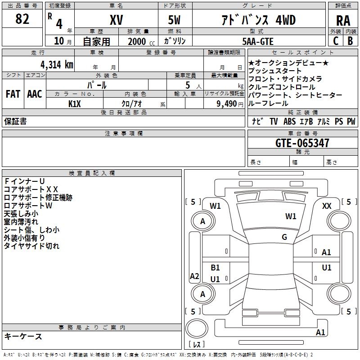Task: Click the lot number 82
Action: click(x=22, y=19)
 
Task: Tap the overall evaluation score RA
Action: click(x=343, y=21)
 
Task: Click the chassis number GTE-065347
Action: click(x=302, y=144)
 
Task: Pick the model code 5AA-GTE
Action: click(x=257, y=41)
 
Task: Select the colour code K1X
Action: click(x=75, y=103)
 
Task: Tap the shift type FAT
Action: click(x=13, y=94)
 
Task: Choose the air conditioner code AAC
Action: click(x=34, y=94)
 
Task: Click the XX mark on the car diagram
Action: click(x=327, y=206)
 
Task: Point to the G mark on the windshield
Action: click(x=284, y=237)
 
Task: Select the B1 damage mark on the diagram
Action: click(x=215, y=268)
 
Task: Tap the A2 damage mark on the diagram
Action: click(x=194, y=276)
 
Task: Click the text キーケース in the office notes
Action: click(x=23, y=337)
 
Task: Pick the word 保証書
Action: click(x=15, y=121)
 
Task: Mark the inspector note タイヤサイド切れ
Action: click(x=31, y=246)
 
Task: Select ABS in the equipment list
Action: click(x=290, y=121)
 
